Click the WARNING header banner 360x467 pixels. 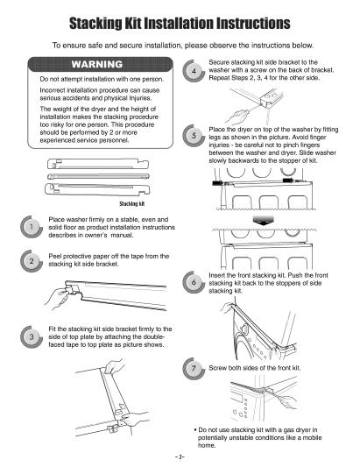(x=100, y=64)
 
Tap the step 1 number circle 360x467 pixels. (x=32, y=227)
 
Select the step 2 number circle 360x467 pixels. (x=32, y=261)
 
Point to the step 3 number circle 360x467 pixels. (x=32, y=337)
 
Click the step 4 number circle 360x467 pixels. (x=194, y=71)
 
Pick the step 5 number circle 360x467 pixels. (x=194, y=136)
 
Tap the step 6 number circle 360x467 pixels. (x=194, y=282)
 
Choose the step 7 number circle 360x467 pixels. (x=194, y=369)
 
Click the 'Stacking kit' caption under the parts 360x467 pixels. (x=131, y=204)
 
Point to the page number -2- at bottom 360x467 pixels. (x=180, y=456)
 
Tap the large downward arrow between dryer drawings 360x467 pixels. (x=264, y=222)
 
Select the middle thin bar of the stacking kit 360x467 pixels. (x=98, y=176)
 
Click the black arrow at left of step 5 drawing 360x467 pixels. (x=218, y=183)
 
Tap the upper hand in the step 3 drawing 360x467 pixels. (x=115, y=366)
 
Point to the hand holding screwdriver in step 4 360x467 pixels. (x=236, y=117)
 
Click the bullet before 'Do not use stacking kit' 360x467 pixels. (x=195, y=430)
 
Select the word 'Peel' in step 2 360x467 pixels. (x=55, y=256)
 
